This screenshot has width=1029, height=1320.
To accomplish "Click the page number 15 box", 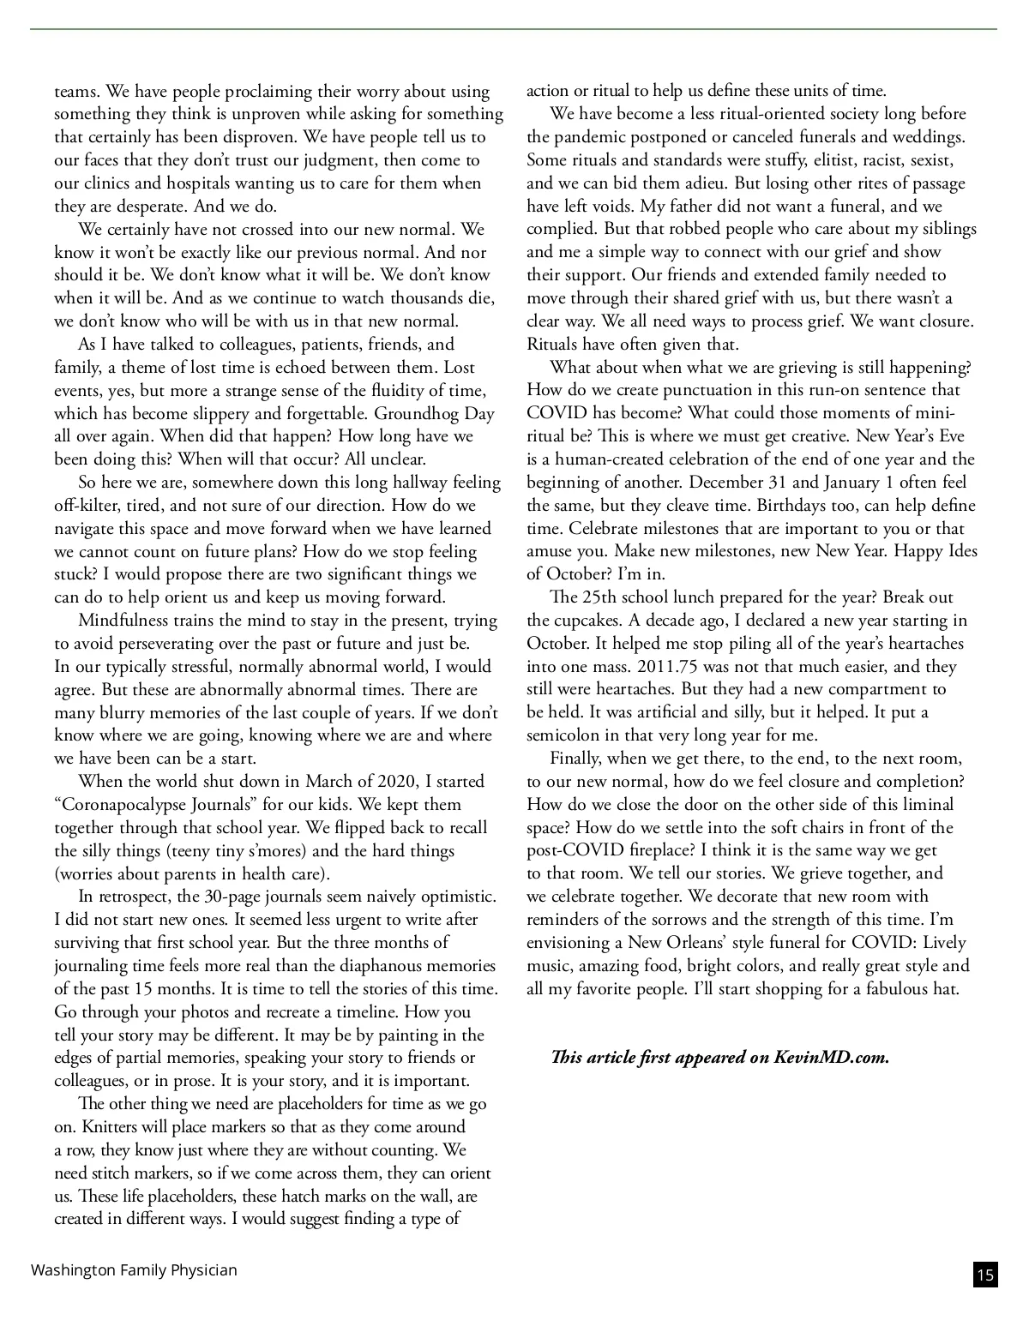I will [x=985, y=1275].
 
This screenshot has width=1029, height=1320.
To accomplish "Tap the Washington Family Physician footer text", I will [x=134, y=1270].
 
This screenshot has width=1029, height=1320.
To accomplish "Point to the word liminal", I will [x=924, y=805].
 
